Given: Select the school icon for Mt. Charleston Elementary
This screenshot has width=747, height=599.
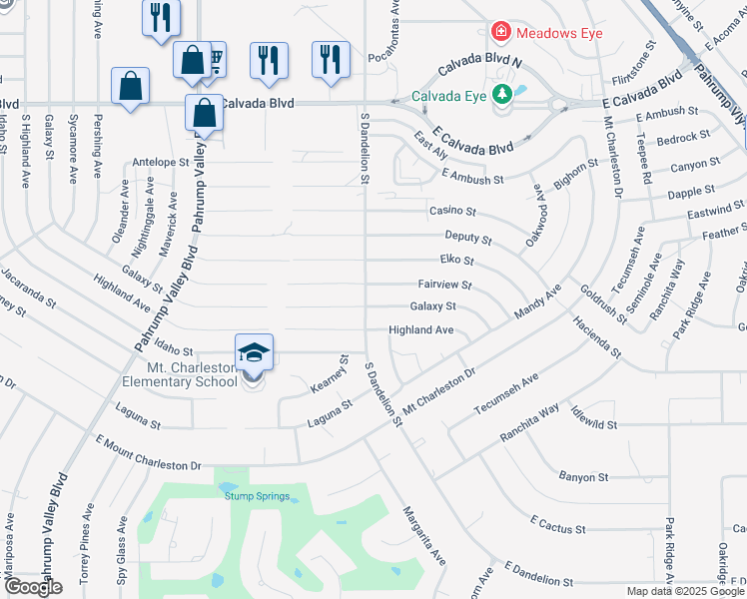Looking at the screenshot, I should pyautogui.click(x=254, y=352).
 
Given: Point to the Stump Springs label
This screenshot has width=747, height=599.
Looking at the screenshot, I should pyautogui.click(x=257, y=496).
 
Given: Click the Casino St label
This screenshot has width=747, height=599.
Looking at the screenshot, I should pyautogui.click(x=452, y=213).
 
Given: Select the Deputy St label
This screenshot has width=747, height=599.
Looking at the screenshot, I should pyautogui.click(x=467, y=240).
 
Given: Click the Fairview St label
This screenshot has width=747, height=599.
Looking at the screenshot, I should pyautogui.click(x=444, y=285).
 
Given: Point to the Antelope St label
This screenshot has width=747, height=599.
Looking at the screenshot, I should pyautogui.click(x=160, y=162).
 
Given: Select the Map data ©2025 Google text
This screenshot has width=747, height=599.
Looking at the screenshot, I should pyautogui.click(x=685, y=591).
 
